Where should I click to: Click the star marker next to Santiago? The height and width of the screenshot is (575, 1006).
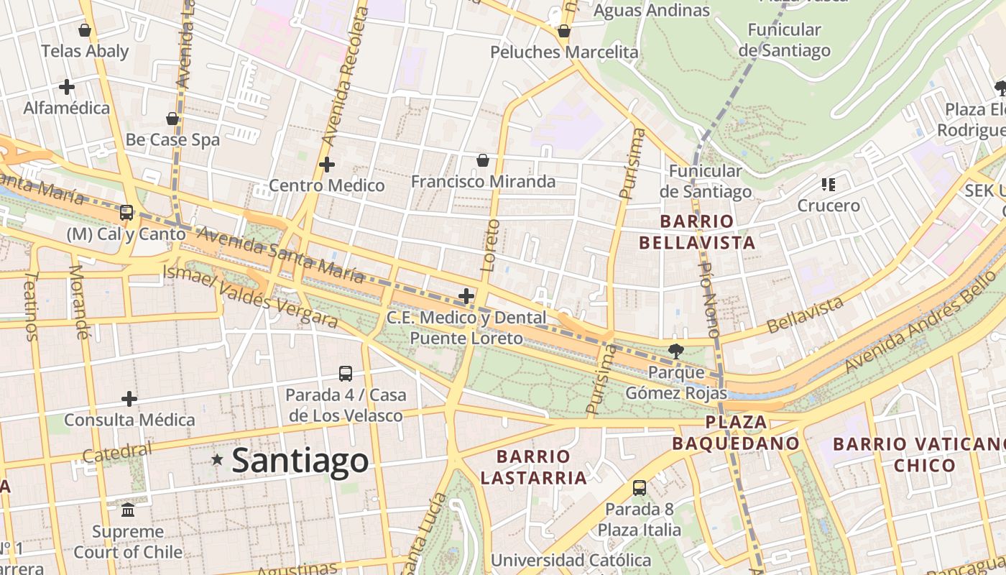pos(217,459)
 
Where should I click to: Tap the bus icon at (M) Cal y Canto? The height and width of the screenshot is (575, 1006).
pos(126,212)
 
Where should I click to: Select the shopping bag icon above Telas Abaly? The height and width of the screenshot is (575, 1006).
pos(85,30)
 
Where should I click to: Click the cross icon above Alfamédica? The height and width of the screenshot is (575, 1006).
pos(67,87)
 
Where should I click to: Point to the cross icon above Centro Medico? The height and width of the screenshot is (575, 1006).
pos(327,165)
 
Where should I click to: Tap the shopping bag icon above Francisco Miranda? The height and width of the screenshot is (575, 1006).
pos(483,160)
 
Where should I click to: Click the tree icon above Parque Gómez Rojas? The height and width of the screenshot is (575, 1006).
pos(675,351)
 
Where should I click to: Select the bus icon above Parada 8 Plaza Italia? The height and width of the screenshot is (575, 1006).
pos(640,488)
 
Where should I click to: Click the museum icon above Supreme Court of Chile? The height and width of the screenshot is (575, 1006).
pos(128,510)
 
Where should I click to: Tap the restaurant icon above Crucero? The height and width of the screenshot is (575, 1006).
pos(829,185)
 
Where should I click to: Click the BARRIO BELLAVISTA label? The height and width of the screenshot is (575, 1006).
pos(697,231)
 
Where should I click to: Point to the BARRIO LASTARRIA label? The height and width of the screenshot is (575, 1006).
pos(533,466)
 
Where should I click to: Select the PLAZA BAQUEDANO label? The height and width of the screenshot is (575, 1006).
pos(736,433)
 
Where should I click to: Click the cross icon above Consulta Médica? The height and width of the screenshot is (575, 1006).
pos(129,398)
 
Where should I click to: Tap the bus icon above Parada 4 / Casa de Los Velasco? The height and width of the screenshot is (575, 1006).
pos(346,374)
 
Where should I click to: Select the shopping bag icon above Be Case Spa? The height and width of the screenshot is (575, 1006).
pos(172,119)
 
